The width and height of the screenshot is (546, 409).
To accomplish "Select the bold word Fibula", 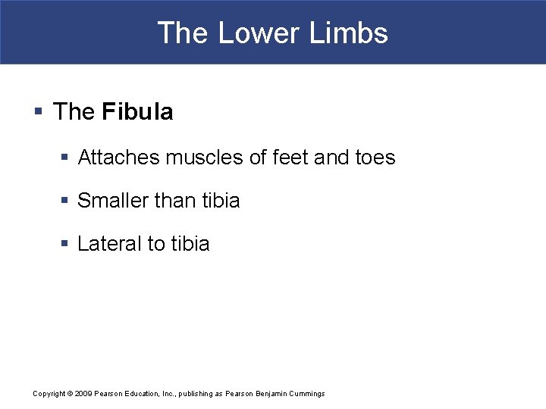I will click(137, 112).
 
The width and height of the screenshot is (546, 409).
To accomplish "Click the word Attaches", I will click(119, 158).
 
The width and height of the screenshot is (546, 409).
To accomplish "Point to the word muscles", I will click(199, 158).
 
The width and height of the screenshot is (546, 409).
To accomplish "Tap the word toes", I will click(375, 158).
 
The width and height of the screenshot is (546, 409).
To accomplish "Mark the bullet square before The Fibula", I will click(38, 113).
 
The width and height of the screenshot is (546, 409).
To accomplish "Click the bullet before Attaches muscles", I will click(64, 158).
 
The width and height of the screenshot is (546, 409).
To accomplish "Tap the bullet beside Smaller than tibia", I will click(64, 201).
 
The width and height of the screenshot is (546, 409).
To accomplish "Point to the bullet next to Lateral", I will click(64, 244).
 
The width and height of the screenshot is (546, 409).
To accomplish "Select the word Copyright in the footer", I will click(49, 394).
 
